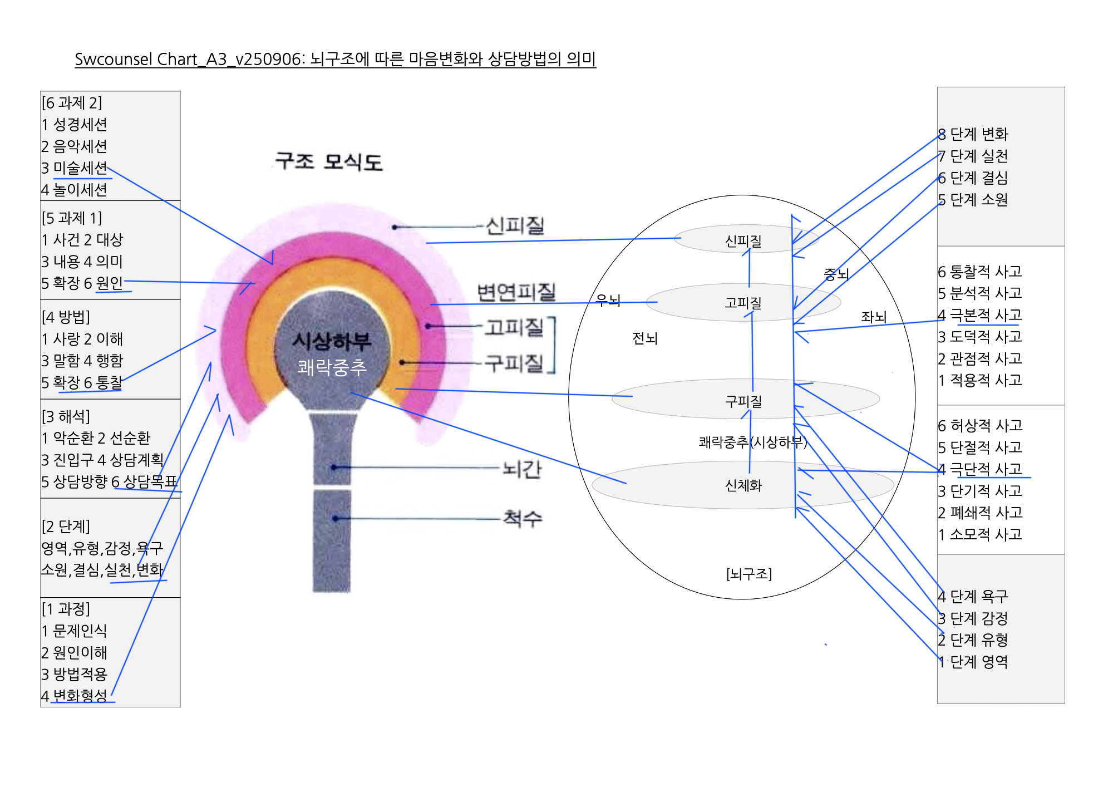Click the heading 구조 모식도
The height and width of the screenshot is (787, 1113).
tap(328, 161)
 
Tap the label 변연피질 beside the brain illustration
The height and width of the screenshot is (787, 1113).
tap(516, 292)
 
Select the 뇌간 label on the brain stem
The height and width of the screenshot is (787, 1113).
tap(521, 469)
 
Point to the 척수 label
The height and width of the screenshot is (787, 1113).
tap(522, 518)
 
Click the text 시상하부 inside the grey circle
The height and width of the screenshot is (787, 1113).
tap(332, 341)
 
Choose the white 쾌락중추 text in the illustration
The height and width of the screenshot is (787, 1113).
tap(332, 367)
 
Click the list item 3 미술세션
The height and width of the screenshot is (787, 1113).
tap(74, 168)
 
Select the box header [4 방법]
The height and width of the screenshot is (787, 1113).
tap(66, 317)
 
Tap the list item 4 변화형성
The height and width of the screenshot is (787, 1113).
tap(74, 696)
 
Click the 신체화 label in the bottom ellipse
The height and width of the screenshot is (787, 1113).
tap(743, 485)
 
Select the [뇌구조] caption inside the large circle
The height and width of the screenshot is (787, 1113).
tap(748, 573)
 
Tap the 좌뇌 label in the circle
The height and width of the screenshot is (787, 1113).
tap(873, 317)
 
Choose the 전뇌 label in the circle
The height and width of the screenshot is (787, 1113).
tap(644, 338)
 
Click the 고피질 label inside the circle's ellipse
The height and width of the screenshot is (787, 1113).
tap(743, 303)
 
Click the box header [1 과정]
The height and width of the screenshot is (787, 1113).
tap(66, 609)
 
